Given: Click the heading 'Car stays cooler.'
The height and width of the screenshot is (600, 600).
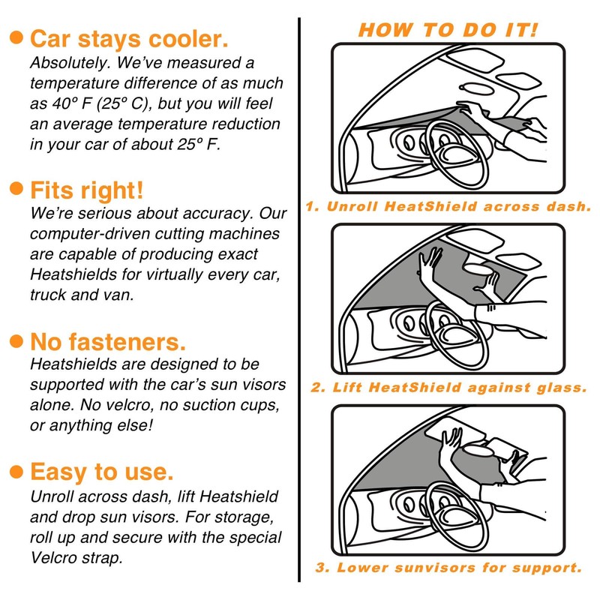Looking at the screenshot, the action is point(129,39).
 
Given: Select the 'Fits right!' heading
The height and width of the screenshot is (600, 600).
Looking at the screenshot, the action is point(86,190).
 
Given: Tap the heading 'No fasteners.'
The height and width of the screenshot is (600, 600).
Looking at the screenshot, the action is point(108,341).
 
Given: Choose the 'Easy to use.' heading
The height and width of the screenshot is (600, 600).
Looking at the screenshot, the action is point(102,472).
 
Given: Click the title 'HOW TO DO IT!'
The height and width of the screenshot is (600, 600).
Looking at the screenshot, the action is point(448,30).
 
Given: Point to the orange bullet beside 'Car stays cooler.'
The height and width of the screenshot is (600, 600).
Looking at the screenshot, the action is point(16,37).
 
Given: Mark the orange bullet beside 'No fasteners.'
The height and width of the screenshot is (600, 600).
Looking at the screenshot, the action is point(16,341).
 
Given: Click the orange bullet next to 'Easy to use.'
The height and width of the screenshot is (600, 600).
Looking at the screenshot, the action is point(16,472).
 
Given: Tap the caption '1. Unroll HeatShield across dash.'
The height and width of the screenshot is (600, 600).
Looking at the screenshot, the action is point(448,207).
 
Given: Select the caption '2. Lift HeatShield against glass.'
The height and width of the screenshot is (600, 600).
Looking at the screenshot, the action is point(448,388).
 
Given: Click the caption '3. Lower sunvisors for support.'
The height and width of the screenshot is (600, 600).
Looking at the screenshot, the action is point(448,568).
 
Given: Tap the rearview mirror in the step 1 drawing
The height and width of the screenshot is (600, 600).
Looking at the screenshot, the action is point(476,89).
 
